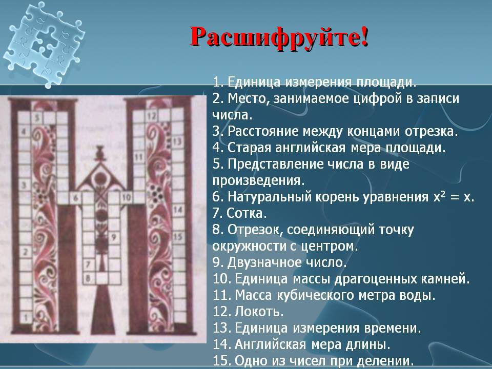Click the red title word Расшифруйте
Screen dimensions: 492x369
tap(279, 37)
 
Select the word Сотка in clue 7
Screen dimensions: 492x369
tap(247, 213)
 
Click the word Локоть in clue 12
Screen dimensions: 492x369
tap(259, 311)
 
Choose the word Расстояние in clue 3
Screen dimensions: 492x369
tap(263, 131)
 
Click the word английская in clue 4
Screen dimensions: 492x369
tap(311, 148)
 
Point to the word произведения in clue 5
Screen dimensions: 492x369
tap(258, 181)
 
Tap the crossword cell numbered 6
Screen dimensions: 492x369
tap(76, 198)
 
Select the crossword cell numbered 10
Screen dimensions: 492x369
tap(126, 198)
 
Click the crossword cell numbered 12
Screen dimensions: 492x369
tap(151, 116)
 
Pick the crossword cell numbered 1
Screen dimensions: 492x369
tap(26, 318)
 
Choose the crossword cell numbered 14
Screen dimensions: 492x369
tap(178, 210)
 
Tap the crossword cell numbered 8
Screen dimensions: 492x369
tap(88, 278)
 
